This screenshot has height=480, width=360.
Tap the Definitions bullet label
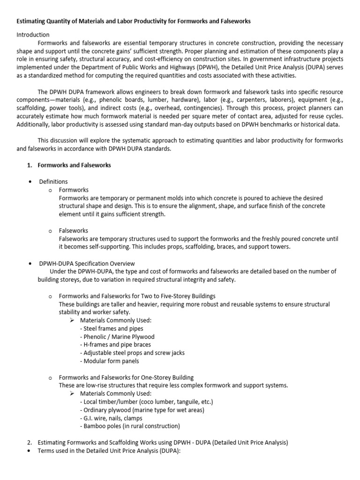53,181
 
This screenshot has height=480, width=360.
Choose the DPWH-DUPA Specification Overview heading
87,263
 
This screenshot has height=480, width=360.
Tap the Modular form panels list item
110,361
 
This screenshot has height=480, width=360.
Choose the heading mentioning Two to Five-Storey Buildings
137,296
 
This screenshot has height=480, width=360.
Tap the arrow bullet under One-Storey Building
72,394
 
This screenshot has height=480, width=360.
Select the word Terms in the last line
47,451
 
